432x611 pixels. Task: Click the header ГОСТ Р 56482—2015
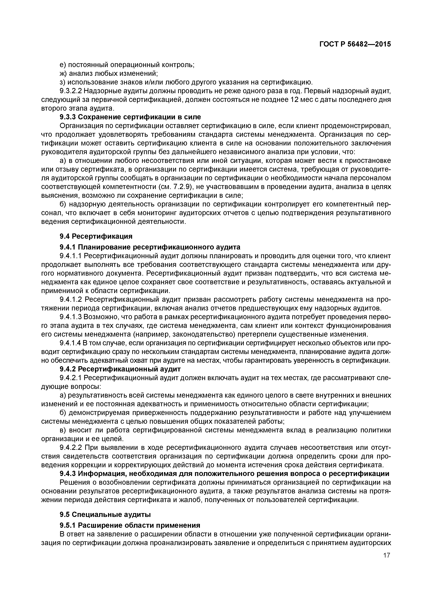click(x=355, y=44)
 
